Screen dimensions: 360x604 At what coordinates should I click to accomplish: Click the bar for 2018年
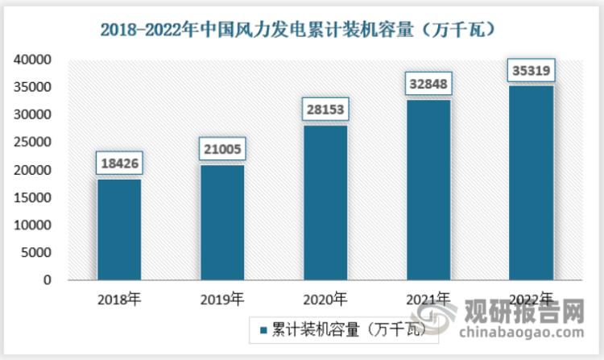click(x=119, y=230)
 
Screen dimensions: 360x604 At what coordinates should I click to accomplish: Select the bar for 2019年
click(x=222, y=222)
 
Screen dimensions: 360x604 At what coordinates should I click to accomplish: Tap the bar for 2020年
click(x=325, y=203)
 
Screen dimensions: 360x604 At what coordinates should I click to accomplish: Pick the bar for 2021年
click(x=428, y=190)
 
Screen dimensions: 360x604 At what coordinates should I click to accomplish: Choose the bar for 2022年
click(x=532, y=183)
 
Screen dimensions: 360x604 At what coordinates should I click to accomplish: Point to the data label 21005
click(x=222, y=149)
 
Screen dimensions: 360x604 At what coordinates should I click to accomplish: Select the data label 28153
click(x=325, y=110)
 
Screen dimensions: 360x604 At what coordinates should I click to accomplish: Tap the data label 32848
click(x=428, y=84)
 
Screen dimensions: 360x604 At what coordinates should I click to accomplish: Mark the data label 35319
click(x=532, y=71)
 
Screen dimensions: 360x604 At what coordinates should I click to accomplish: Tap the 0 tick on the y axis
click(x=48, y=280)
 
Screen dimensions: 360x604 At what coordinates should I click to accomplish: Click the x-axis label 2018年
click(x=119, y=300)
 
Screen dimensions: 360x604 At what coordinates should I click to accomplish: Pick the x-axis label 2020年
click(x=325, y=300)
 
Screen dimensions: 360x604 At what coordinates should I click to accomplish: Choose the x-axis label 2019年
click(x=222, y=300)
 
